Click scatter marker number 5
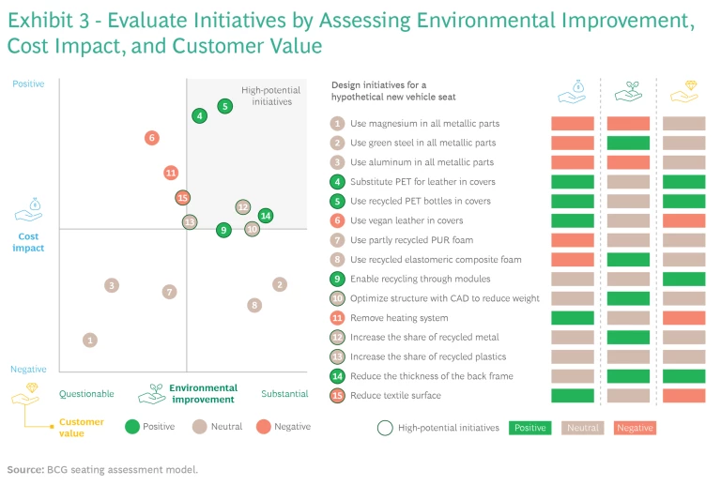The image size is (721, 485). tap(224, 106)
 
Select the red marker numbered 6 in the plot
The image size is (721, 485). tap(151, 138)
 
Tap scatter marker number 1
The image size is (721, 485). tap(89, 341)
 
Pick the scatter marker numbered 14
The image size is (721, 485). tap(266, 216)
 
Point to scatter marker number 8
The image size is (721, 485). tap(254, 305)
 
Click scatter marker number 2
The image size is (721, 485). tap(280, 284)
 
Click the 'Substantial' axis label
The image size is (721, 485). tap(284, 394)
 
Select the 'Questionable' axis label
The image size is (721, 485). tap(86, 394)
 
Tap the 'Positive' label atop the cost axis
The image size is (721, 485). tap(28, 84)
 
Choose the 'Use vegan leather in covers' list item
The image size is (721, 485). tap(407, 220)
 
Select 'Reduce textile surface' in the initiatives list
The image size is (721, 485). tap(395, 395)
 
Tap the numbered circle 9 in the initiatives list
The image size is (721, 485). tap(337, 279)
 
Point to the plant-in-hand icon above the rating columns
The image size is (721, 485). tap(628, 91)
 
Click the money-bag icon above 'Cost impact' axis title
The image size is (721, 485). tap(29, 208)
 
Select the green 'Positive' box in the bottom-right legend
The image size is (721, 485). tap(529, 428)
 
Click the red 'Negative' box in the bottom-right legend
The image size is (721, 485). tap(635, 428)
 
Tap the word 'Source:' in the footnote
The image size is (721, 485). tap(24, 468)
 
